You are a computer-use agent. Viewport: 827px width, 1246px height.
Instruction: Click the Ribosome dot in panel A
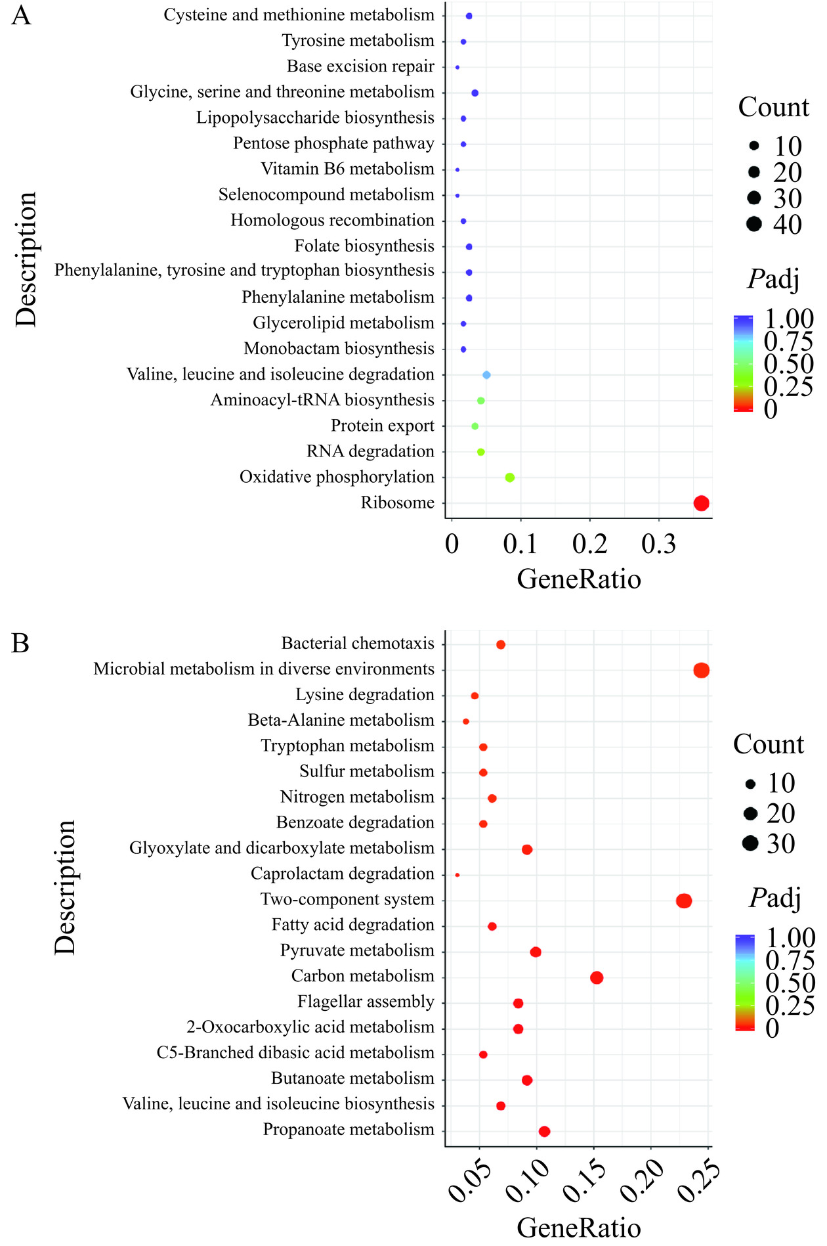click(701, 503)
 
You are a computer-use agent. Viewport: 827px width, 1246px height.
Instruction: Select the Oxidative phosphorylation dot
click(509, 478)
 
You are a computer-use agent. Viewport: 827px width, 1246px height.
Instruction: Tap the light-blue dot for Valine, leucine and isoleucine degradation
click(486, 375)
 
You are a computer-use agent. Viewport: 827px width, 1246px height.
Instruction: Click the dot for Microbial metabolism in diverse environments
click(701, 670)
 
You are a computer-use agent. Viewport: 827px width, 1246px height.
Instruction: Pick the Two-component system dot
click(684, 901)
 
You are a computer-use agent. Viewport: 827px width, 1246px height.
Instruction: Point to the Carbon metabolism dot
click(597, 977)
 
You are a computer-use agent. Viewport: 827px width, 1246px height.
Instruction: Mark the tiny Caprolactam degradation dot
click(457, 875)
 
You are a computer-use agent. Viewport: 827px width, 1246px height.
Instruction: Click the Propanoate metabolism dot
click(544, 1131)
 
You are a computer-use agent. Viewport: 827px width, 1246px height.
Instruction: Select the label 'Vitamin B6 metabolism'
click(347, 169)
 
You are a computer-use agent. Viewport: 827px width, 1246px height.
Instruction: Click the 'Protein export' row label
click(382, 426)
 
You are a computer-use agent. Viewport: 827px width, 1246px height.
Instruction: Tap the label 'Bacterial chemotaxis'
click(358, 643)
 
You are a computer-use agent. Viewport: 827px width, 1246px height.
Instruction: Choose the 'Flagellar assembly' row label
click(366, 1002)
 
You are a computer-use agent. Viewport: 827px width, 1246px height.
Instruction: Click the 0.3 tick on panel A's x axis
click(659, 545)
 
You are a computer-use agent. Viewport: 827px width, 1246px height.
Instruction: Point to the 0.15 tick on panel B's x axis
click(582, 1182)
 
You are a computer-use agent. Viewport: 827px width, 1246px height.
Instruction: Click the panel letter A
click(21, 15)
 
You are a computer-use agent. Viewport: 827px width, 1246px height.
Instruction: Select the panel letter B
click(20, 643)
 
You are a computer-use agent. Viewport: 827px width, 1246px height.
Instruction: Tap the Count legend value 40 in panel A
click(788, 225)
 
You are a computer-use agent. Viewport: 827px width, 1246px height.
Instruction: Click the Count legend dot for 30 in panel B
click(750, 843)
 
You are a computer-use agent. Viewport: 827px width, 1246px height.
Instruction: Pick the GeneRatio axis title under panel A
click(578, 579)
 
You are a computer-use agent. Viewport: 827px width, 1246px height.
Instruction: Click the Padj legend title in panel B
click(774, 897)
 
